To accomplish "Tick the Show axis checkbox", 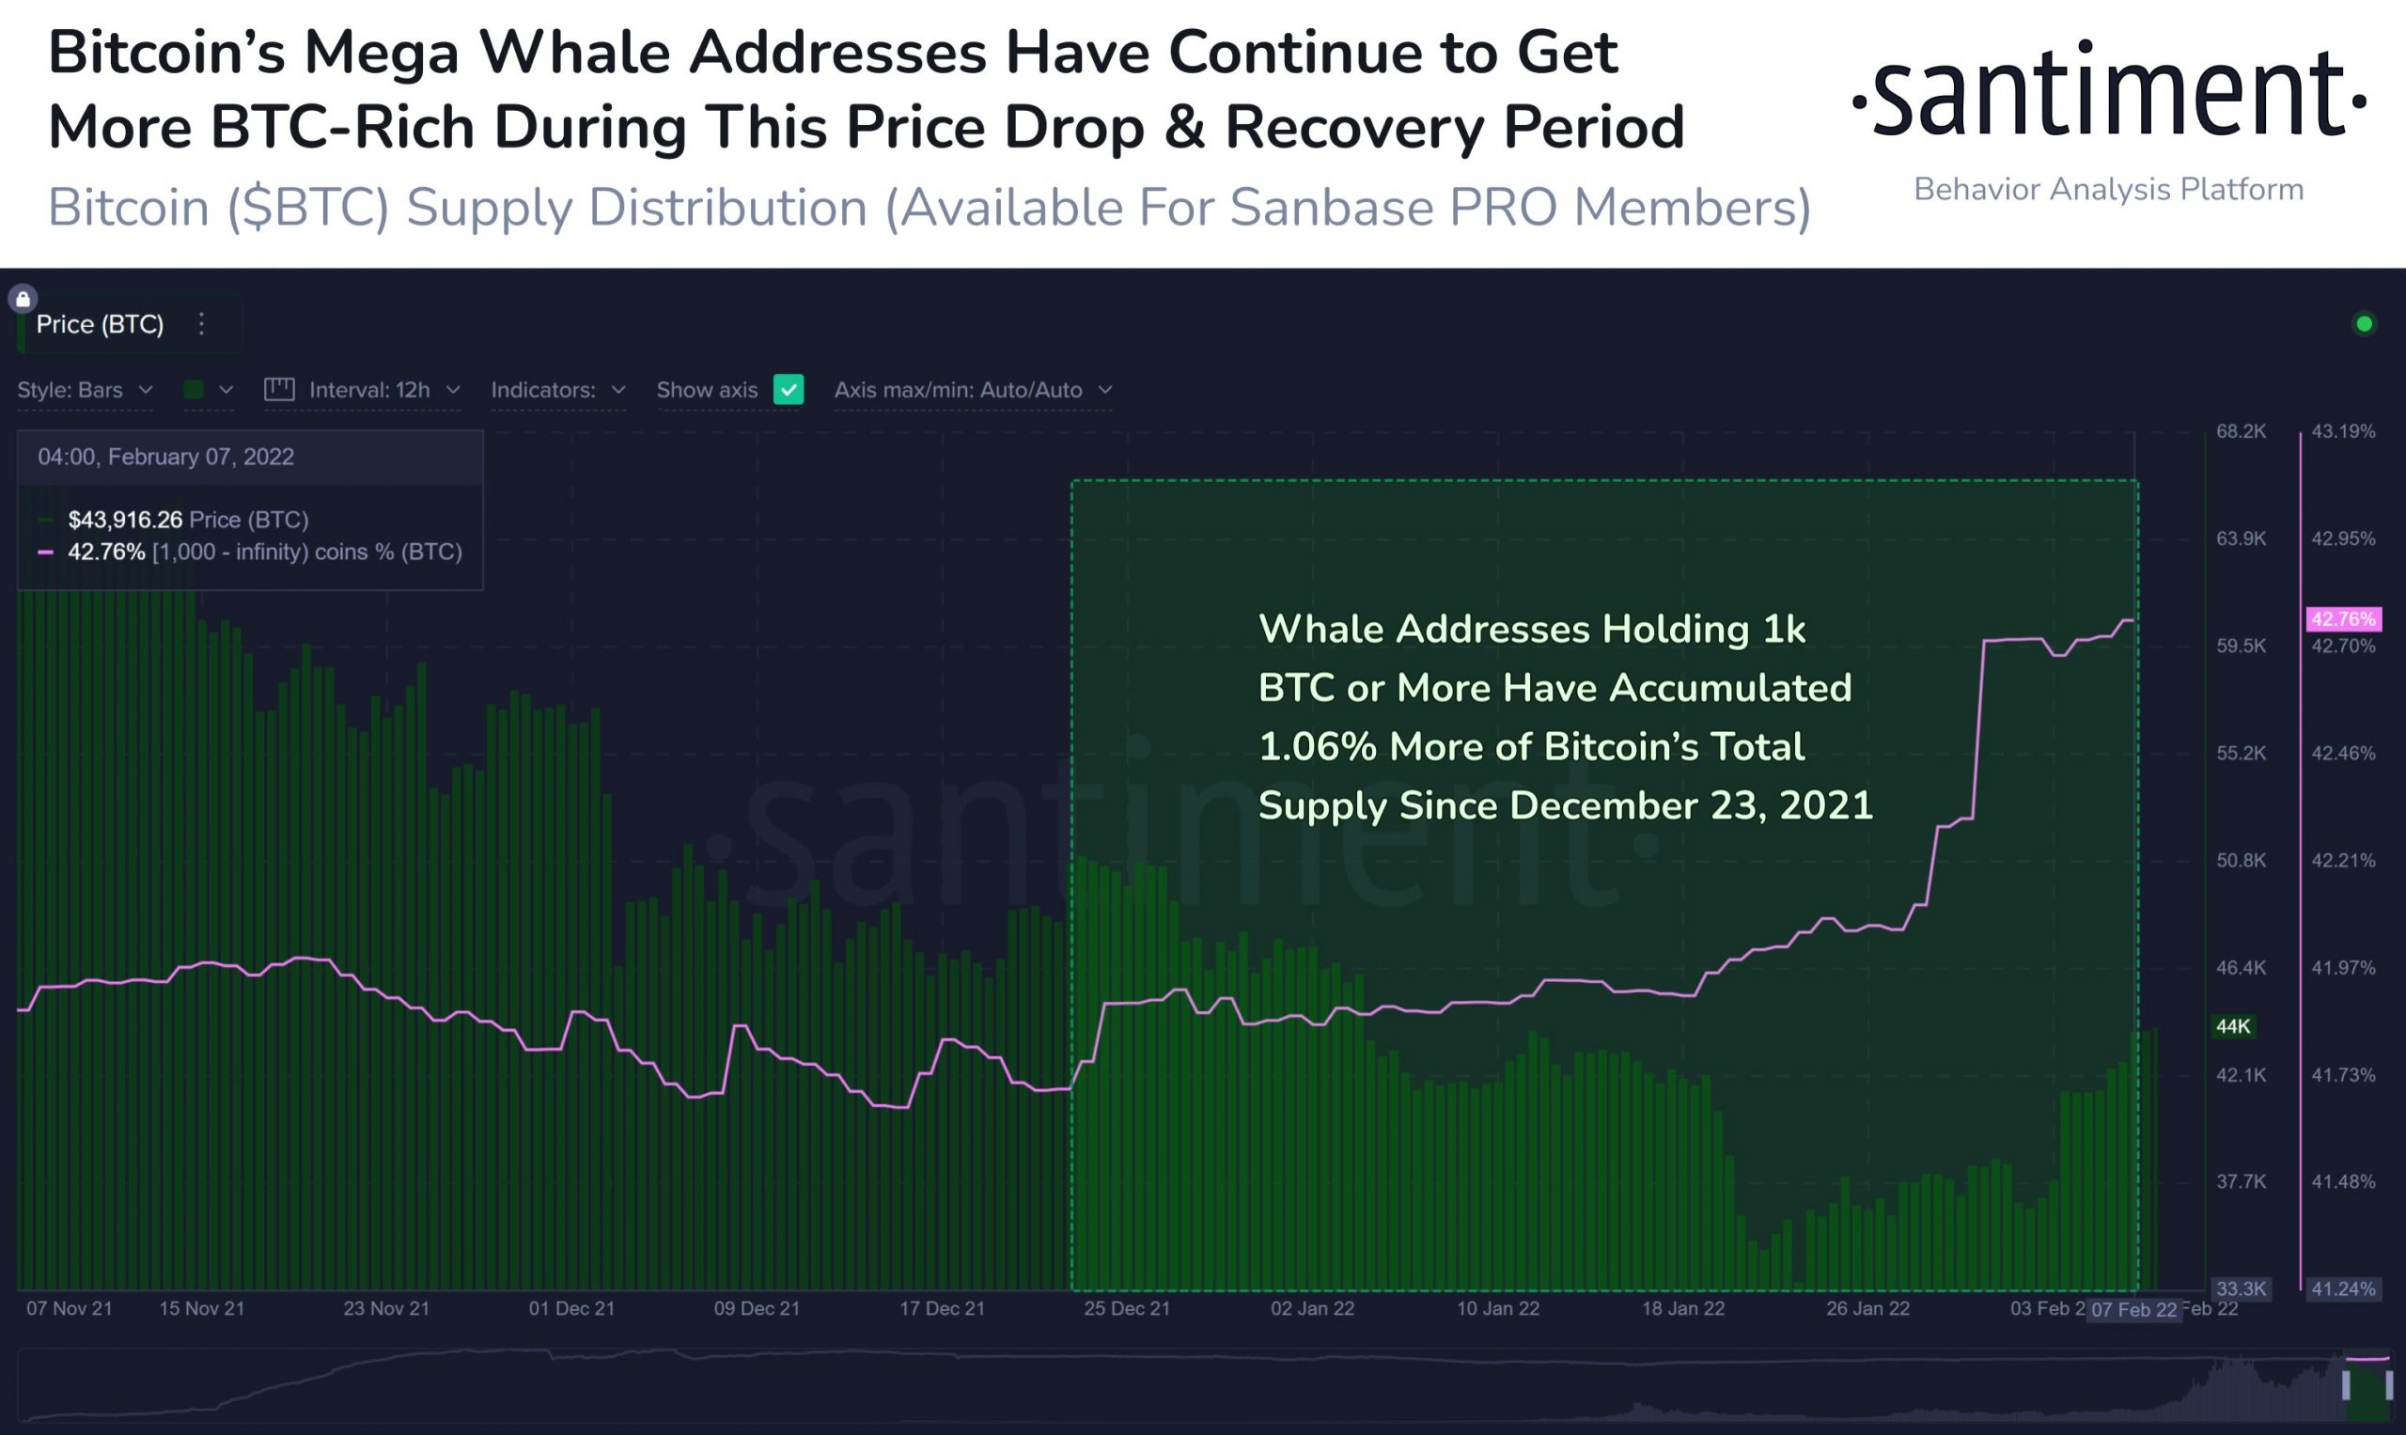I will pos(789,390).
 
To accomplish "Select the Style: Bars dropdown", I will pos(86,390).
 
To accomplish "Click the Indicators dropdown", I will pos(558,390).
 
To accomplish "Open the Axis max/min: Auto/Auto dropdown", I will pos(973,390).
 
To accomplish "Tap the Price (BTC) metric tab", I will pos(100,324).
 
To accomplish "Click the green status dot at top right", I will pos(2364,324).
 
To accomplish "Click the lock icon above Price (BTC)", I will pos(23,299).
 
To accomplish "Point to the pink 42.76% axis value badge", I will pos(2342,619).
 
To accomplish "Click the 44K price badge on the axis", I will pos(2233,1026).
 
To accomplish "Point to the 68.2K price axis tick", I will pos(2241,431).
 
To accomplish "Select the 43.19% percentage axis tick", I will pos(2342,431).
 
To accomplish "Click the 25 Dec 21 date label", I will pos(1127,1308).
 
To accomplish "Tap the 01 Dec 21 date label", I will pos(571,1308).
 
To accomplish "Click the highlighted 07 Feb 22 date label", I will pos(2133,1310).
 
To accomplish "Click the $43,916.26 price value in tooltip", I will pos(125,521).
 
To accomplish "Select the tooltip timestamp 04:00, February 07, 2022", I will pos(165,457).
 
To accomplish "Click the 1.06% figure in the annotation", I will pos(1317,746).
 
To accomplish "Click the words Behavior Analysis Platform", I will pos(2108,190).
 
